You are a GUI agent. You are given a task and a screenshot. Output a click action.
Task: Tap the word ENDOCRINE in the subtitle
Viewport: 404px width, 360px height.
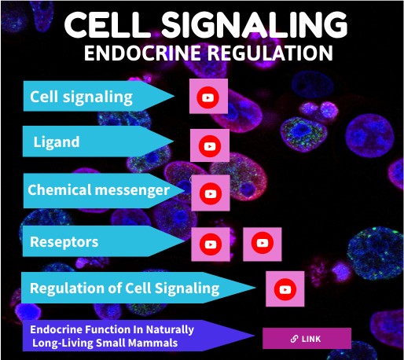pos(142,53)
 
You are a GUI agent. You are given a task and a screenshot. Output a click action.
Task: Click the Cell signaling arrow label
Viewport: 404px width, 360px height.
pos(81,98)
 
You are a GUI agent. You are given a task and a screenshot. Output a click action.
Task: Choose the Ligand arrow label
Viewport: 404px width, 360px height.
pos(57,144)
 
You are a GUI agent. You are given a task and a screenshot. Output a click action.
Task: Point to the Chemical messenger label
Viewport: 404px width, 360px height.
pos(98,190)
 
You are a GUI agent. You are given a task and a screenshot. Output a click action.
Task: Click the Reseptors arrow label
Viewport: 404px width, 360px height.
pos(64,242)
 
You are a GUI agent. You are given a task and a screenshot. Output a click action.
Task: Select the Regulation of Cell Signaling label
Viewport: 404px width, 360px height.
pos(124,288)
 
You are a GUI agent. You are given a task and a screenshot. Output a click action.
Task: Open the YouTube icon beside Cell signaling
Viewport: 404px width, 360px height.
pos(208,97)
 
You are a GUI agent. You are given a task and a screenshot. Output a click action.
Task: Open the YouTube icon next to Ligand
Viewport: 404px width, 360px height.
pos(209,146)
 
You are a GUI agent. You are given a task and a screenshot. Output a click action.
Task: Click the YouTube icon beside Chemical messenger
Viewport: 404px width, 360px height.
pos(210,193)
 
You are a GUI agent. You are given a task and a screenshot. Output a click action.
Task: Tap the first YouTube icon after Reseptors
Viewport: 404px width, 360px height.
pos(211,244)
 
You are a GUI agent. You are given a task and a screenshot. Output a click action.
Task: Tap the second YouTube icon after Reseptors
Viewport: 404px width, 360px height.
pos(262,244)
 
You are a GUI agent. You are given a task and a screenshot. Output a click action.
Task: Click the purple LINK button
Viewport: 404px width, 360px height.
pos(307,339)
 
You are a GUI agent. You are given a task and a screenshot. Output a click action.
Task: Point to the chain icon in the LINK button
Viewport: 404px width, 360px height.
pos(294,339)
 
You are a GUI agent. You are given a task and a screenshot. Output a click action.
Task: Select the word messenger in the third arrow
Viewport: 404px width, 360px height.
pos(133,190)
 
